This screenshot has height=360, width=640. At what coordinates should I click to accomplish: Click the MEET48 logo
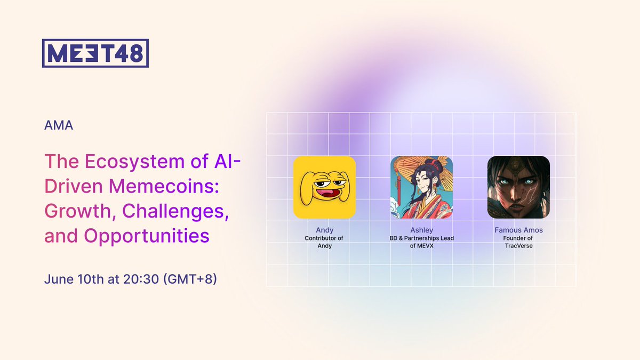tap(95, 53)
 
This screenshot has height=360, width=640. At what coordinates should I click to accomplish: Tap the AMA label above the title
tap(59, 125)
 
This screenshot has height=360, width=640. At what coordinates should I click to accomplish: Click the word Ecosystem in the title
tap(134, 162)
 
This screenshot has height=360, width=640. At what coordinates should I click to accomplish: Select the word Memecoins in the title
tap(164, 186)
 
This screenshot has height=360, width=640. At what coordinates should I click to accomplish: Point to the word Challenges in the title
tap(175, 212)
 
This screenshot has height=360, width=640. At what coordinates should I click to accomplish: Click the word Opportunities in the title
tap(147, 236)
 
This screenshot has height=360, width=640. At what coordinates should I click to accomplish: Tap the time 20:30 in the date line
tap(141, 279)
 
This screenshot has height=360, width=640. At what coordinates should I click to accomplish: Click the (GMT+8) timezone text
tap(190, 279)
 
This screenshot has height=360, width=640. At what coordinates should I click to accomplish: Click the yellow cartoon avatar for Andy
tap(325, 187)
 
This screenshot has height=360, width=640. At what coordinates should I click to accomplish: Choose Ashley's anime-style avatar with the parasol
tap(422, 187)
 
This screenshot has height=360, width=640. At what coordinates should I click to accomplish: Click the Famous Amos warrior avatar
tap(518, 187)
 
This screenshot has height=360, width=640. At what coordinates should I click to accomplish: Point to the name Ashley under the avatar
tap(422, 230)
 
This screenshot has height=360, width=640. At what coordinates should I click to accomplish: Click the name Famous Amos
tap(518, 230)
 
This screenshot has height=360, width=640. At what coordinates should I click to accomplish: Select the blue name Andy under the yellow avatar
tap(325, 230)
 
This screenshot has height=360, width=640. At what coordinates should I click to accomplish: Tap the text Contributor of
tap(324, 238)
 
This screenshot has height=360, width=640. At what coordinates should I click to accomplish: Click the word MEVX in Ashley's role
tap(425, 246)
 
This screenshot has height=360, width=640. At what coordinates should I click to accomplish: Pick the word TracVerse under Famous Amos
tap(518, 246)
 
